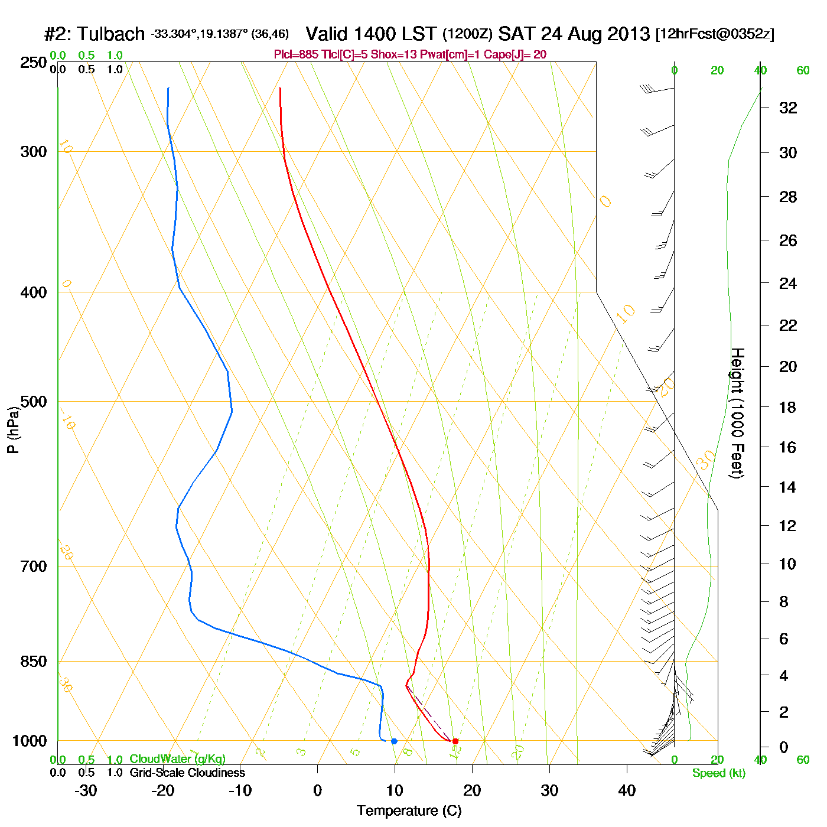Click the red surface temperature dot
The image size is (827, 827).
[x=455, y=741]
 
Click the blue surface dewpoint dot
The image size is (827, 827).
[x=394, y=741]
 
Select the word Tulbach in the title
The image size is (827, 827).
[x=110, y=34]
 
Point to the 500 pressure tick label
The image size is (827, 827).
[x=34, y=402]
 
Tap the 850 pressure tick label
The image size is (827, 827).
[x=34, y=662]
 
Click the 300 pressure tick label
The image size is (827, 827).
[x=34, y=152]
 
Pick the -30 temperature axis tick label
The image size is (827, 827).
[x=86, y=790]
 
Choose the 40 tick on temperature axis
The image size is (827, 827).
[x=627, y=790]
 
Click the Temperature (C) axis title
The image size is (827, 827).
[x=409, y=811]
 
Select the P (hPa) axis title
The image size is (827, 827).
[x=13, y=429]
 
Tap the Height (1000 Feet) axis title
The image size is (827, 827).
[x=737, y=413]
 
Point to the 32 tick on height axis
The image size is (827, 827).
[x=788, y=108]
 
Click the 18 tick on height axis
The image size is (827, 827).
[x=788, y=407]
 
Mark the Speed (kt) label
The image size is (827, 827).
[x=719, y=773]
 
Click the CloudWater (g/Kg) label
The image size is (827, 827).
[x=177, y=759]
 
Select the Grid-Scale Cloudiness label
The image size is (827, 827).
[x=187, y=773]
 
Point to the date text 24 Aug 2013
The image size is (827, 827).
[x=595, y=34]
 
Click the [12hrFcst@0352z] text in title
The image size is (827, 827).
[x=715, y=34]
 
